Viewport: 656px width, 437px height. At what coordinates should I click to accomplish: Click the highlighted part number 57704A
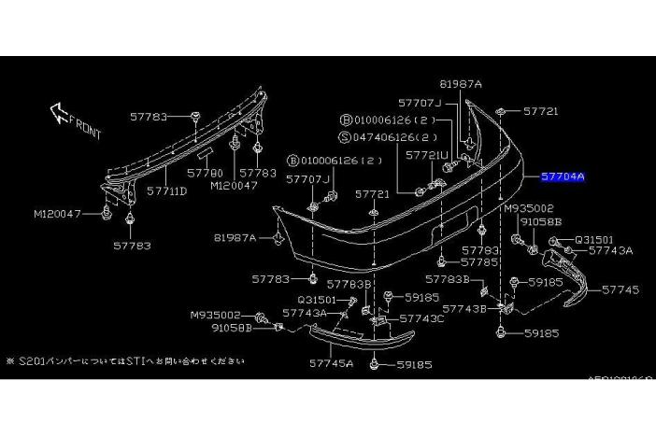563,176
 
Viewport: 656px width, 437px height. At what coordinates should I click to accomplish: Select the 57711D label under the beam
168,190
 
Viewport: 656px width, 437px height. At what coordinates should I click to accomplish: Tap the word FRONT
87,132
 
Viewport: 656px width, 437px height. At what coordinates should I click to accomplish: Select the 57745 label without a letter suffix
620,290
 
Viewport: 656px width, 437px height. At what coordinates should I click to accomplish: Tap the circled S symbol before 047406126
345,136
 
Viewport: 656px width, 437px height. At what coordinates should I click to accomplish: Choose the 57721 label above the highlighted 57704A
540,111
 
